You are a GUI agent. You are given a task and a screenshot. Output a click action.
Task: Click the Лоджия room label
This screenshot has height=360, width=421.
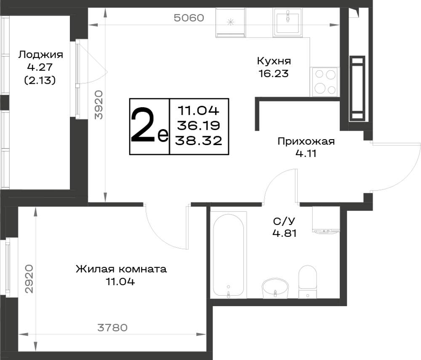40,55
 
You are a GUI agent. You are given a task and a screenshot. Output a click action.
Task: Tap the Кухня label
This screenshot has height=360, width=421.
274,61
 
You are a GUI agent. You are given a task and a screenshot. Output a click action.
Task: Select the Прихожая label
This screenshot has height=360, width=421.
306,141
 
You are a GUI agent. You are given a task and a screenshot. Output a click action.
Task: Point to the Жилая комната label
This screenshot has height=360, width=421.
121,269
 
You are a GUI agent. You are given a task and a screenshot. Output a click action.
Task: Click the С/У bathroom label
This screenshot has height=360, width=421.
284,221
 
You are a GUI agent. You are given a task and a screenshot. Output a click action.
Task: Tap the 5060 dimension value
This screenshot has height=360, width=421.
189,18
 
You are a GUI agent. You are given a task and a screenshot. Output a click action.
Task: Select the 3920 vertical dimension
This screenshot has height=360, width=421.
99,105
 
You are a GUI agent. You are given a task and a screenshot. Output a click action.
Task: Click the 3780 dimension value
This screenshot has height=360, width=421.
112,328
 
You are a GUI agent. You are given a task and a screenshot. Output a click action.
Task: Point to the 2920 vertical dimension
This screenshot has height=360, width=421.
29,279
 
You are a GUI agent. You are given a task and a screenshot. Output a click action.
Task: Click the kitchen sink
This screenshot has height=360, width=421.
288,23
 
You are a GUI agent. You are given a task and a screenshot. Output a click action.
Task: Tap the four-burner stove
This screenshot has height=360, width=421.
325,82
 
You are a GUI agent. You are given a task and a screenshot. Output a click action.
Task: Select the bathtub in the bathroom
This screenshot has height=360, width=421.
229,255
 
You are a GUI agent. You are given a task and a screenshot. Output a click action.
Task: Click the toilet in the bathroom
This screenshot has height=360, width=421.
308,282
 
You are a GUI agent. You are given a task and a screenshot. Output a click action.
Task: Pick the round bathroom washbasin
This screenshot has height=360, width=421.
275,288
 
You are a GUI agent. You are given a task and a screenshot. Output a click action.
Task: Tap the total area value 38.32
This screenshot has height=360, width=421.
199,140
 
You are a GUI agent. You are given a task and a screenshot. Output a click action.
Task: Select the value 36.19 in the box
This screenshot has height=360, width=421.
199,126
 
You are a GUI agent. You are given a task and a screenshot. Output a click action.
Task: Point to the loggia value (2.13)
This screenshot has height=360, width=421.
40,80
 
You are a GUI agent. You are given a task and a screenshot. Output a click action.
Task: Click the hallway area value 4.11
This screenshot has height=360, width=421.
306,154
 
